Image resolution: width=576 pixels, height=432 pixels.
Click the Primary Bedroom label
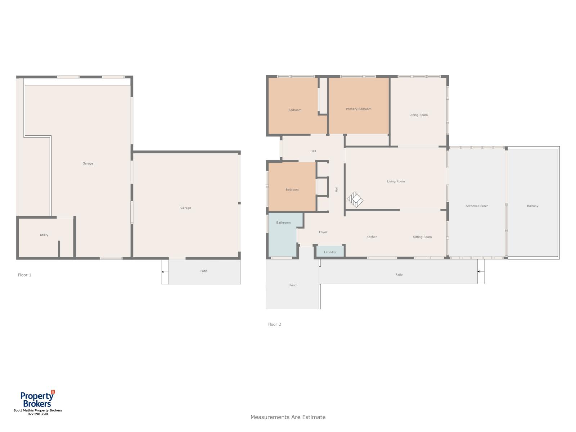(359, 109)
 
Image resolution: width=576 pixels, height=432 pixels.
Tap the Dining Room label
(418, 115)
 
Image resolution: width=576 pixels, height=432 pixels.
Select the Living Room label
(396, 181)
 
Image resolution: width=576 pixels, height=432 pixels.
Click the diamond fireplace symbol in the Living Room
(355, 199)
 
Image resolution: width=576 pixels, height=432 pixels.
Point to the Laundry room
(330, 251)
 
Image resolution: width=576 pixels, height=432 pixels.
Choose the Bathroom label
(283, 223)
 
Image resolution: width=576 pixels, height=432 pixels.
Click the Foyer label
(323, 232)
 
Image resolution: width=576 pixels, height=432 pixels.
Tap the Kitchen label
(372, 237)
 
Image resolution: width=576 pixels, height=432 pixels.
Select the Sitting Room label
(422, 237)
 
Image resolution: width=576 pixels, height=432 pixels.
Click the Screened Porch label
(477, 206)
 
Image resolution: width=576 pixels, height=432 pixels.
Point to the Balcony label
(532, 206)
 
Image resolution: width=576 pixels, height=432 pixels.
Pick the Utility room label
(44, 235)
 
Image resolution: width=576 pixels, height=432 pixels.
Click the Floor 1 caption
(24, 275)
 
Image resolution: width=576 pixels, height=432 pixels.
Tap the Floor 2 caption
(274, 324)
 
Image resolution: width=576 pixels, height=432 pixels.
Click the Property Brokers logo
(37, 399)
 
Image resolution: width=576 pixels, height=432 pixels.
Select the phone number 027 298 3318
(38, 414)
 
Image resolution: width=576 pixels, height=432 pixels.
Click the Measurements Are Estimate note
(288, 417)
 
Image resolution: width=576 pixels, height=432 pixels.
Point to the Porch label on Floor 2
(293, 285)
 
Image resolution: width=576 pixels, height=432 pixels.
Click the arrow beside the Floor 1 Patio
(165, 272)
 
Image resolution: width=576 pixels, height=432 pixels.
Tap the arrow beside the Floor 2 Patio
(481, 271)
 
